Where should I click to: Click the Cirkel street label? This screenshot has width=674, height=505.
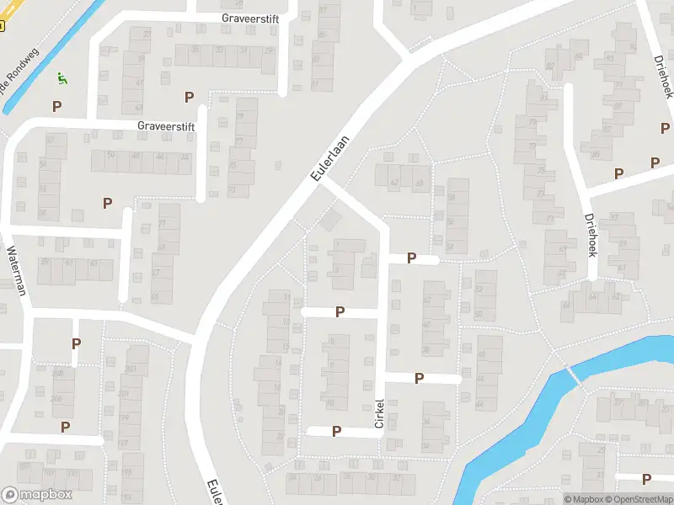tap(379, 412)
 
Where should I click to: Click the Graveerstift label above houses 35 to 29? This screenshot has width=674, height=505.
tap(250, 17)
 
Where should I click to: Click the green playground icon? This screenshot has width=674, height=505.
tap(61, 78)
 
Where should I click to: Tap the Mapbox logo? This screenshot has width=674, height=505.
tap(36, 495)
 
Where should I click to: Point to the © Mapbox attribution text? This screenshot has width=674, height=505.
tap(583, 499)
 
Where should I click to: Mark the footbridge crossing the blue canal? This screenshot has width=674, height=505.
tap(575, 376)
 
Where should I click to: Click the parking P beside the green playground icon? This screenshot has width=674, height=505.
tap(57, 106)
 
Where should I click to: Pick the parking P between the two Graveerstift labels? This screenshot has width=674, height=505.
tap(189, 97)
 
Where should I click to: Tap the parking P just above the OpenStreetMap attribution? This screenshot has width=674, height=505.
tap(646, 479)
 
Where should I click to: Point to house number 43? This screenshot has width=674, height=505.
tap(138, 109)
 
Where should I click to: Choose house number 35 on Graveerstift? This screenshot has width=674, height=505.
tap(195, 50)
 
